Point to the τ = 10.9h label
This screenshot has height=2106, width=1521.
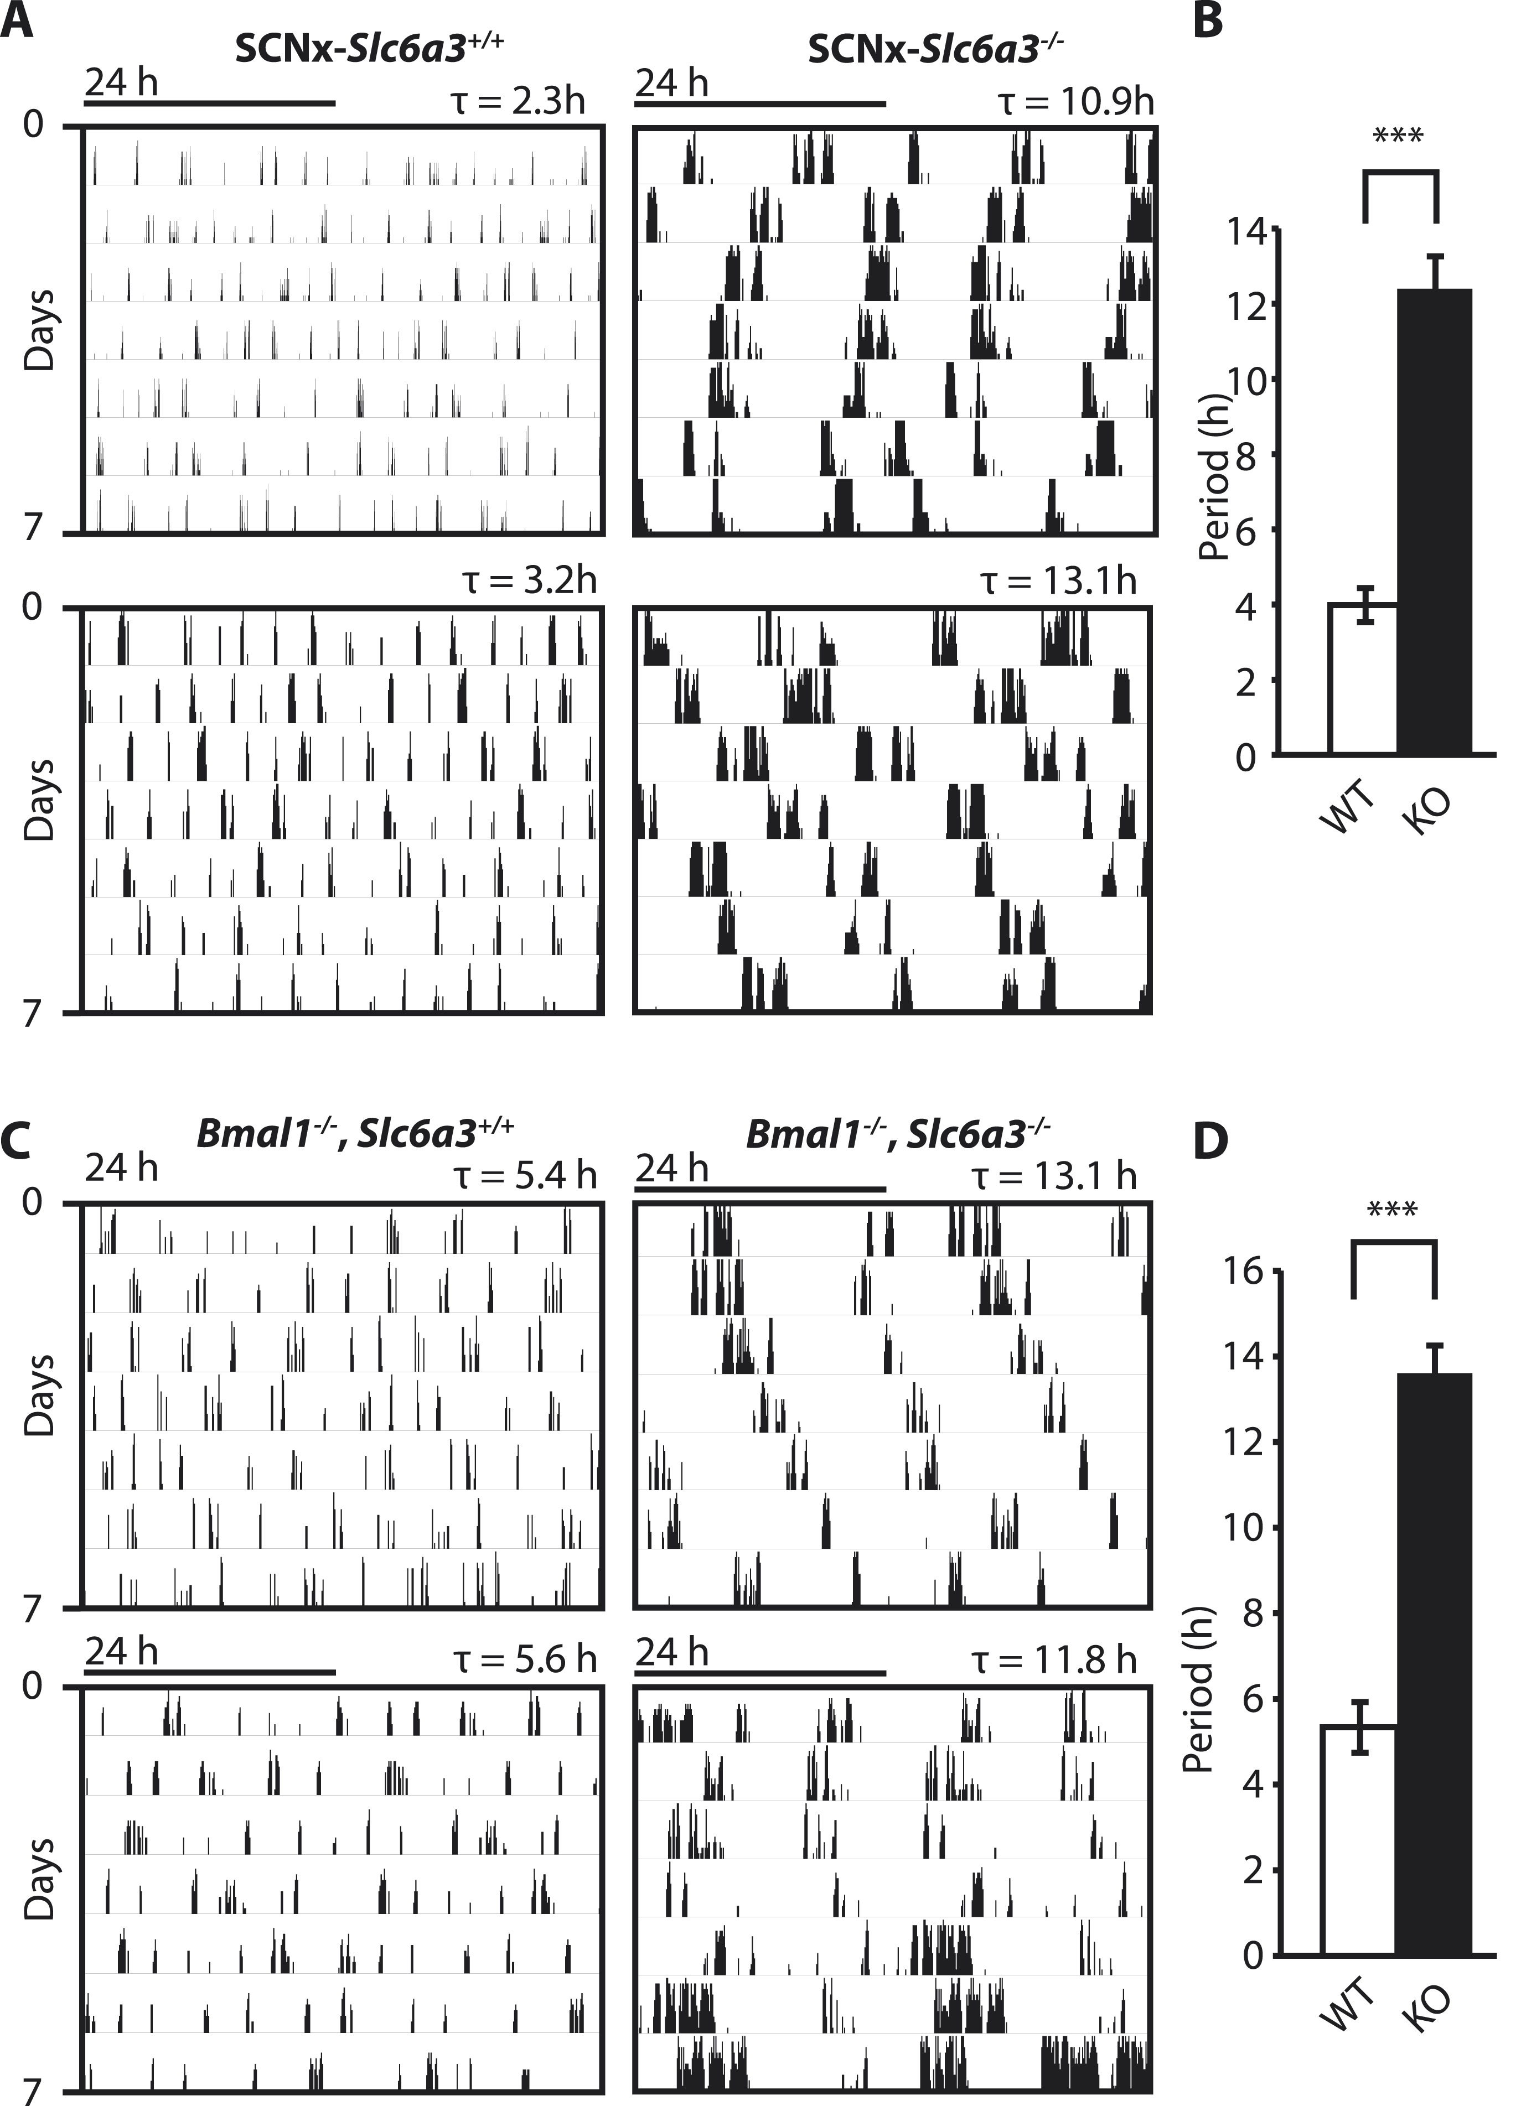(1075, 100)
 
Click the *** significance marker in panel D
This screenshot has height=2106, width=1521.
(1392, 1211)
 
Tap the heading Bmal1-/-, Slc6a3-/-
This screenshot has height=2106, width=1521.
(898, 1135)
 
